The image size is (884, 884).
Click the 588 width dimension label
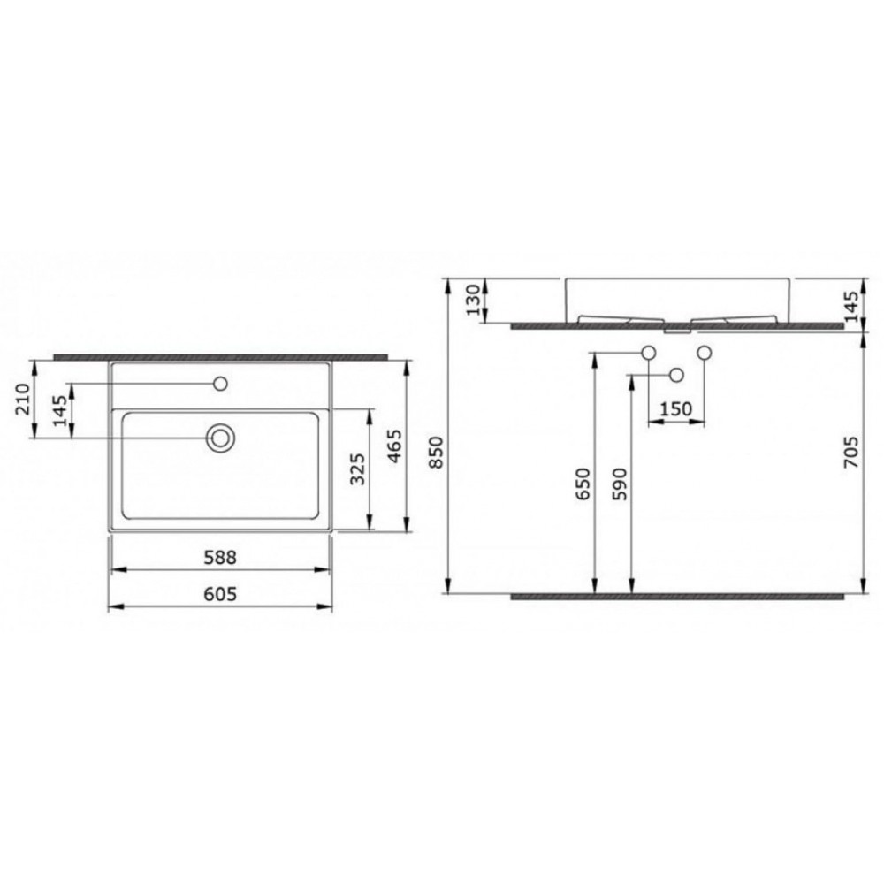click(220, 558)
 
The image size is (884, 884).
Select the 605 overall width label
click(220, 594)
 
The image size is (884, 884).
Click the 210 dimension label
click(23, 399)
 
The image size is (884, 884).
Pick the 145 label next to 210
click(60, 410)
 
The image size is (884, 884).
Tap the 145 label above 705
click(852, 306)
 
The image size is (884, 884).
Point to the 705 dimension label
click(852, 452)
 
